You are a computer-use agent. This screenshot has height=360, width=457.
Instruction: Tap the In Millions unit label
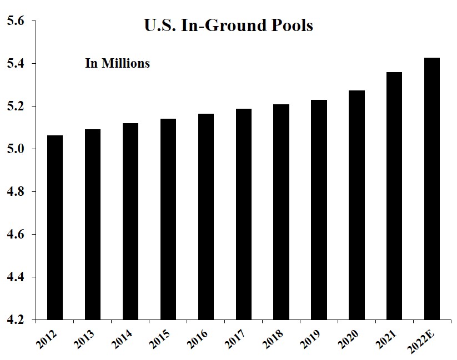point(117,63)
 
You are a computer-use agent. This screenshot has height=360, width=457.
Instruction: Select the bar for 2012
point(55,227)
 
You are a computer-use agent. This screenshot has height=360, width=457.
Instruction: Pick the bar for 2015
point(168,219)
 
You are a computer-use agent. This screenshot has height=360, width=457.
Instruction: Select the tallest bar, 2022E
point(432,189)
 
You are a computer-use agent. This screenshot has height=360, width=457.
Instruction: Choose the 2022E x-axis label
point(426,339)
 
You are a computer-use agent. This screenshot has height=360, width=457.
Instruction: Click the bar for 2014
point(130,221)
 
